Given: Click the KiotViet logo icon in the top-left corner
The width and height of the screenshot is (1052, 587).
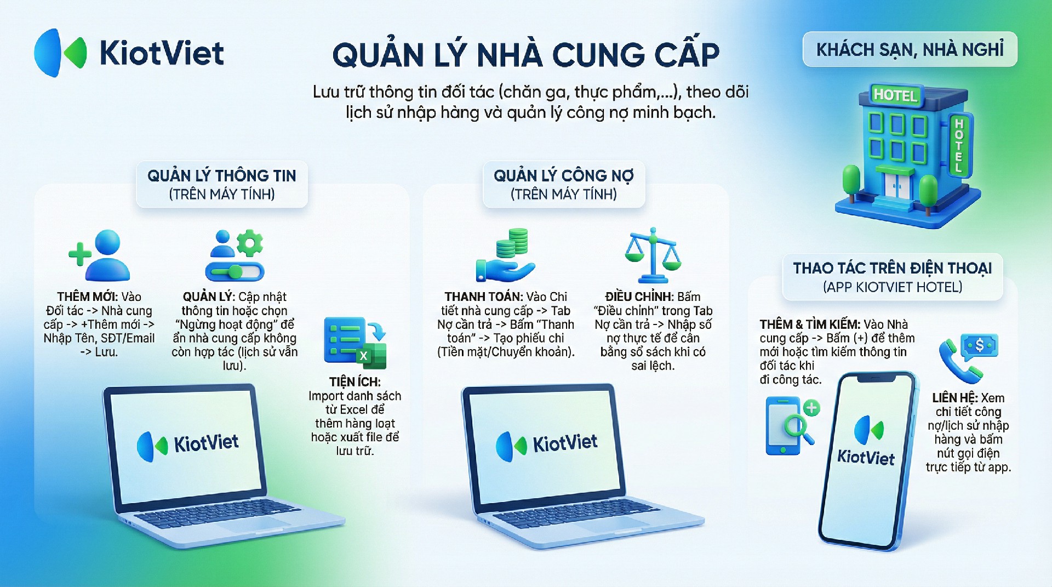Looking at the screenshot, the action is tap(60, 53).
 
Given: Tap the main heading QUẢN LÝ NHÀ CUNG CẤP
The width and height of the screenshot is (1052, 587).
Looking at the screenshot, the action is tap(526, 54).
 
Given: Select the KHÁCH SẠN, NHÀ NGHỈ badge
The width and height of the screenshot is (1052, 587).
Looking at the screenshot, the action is tap(910, 49).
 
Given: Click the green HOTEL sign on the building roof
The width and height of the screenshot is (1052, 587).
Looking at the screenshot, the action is tap(895, 95).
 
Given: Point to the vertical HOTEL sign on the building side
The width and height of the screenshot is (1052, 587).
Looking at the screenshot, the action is tap(959, 146).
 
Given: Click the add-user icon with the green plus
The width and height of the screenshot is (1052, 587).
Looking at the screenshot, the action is tap(99, 255).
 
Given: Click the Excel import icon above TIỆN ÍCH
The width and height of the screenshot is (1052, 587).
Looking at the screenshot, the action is tap(355, 343).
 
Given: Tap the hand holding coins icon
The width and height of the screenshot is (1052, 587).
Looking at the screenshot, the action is tap(505, 255).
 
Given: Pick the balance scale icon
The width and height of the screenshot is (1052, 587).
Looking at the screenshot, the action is tap(653, 255).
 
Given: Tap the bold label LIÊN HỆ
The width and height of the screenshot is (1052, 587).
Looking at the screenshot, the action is tap(954, 398).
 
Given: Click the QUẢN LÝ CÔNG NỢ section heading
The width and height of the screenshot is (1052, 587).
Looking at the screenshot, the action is tap(563, 175).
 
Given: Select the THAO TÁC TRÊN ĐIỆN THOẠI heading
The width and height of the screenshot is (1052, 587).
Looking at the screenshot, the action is tap(893, 268).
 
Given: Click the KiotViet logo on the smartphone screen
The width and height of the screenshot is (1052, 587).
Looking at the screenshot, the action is tap(867, 442).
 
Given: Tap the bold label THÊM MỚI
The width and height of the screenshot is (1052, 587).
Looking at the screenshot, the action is tap(88, 297).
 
